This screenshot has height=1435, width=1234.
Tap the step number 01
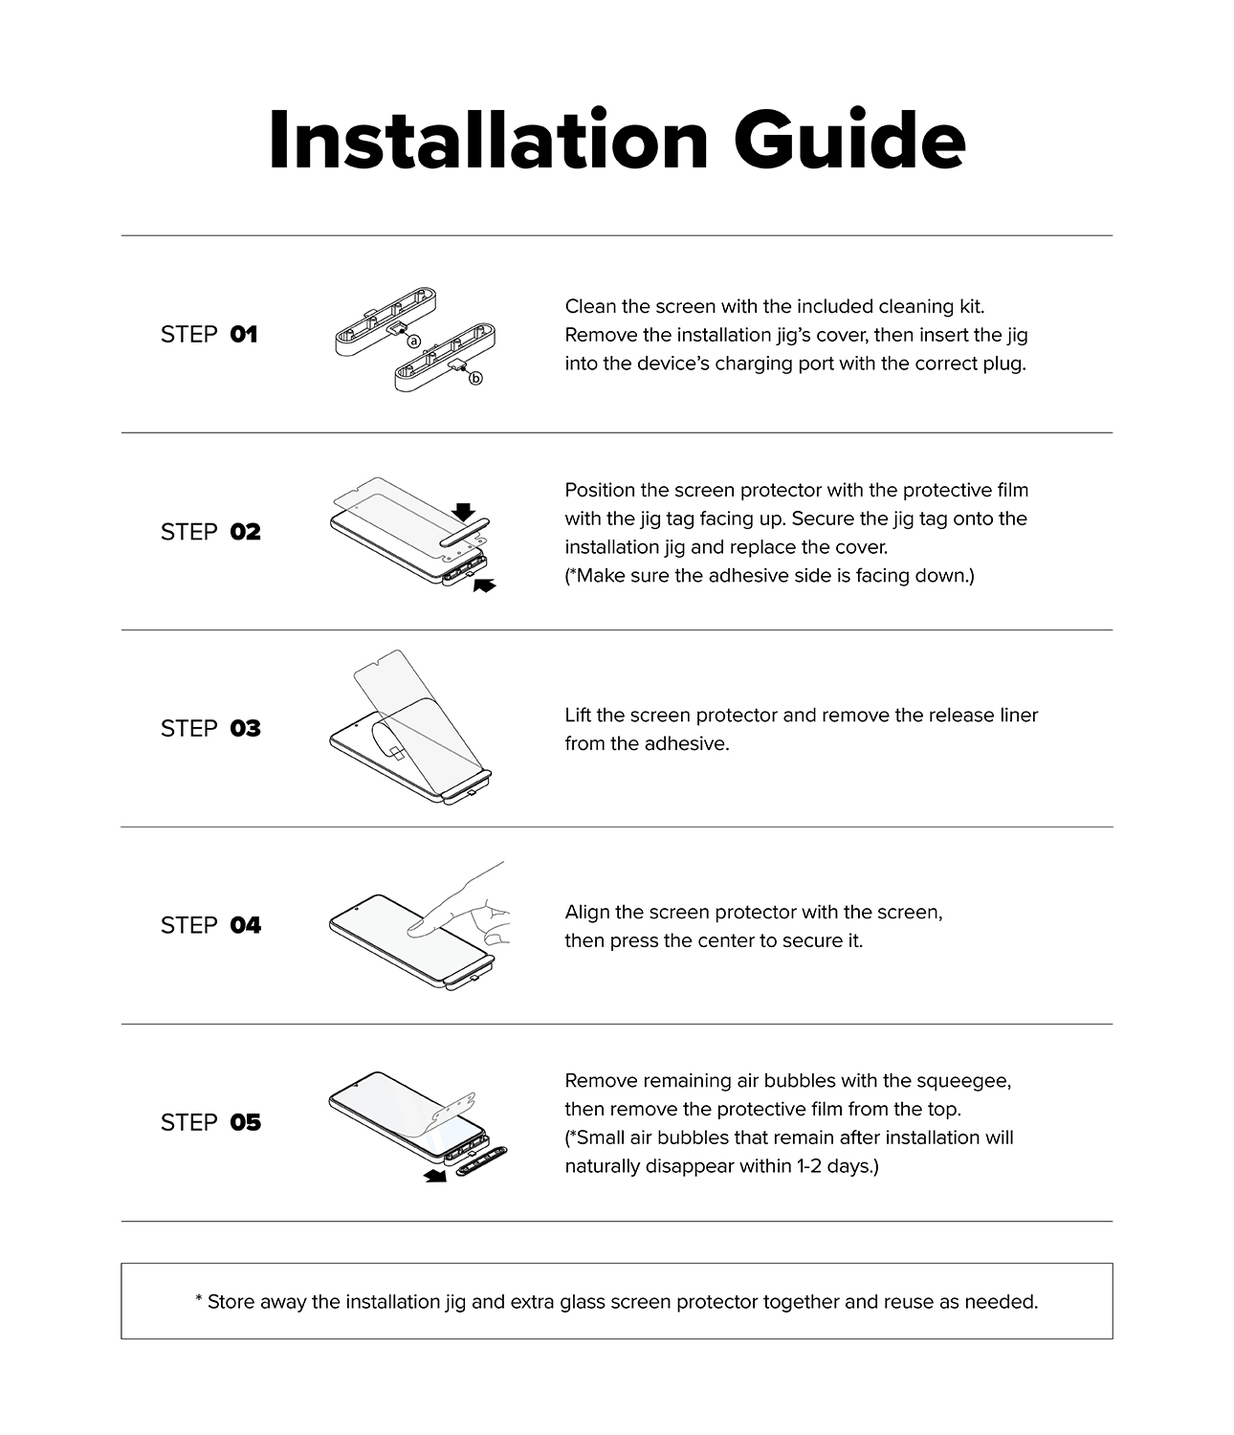coord(244,335)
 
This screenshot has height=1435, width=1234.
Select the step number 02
coord(245,532)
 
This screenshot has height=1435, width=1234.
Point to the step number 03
coord(245,728)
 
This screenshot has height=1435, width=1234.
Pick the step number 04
coord(245,925)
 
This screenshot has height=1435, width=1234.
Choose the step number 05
coord(245,1122)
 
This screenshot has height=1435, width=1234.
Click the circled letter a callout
coord(413,341)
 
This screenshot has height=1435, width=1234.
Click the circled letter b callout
coord(475,379)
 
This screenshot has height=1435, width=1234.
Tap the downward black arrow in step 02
coord(463,512)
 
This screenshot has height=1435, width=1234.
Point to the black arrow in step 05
coord(435,1176)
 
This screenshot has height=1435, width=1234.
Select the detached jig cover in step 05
coord(482,1162)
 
